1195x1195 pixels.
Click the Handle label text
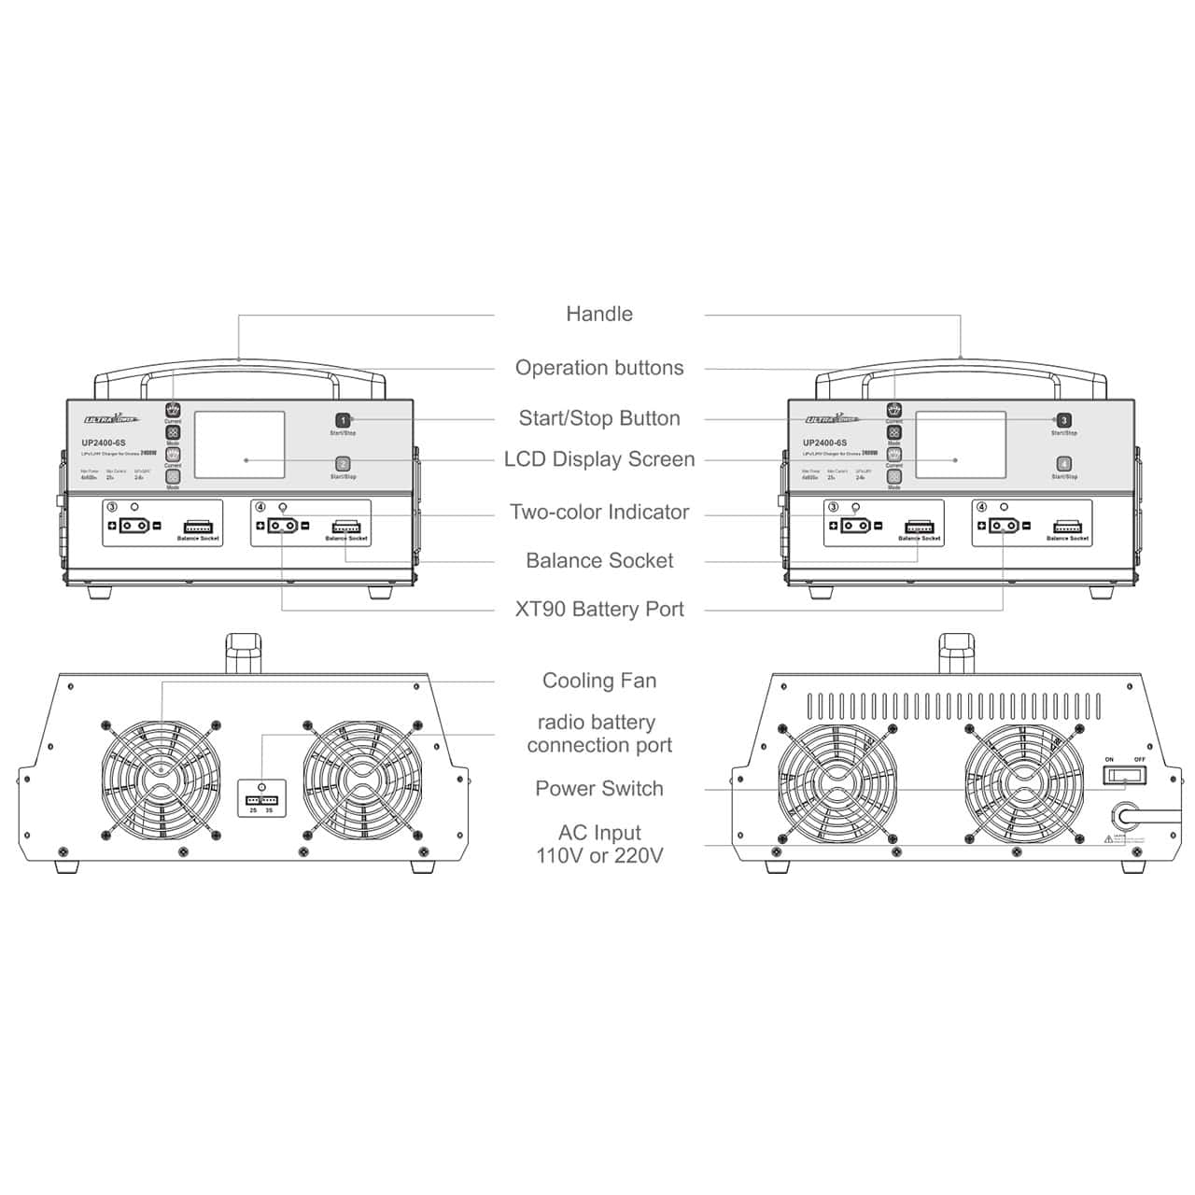pyautogui.click(x=598, y=314)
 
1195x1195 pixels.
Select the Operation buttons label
pyautogui.click(x=598, y=368)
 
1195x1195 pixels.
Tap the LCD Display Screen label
pyautogui.click(x=598, y=459)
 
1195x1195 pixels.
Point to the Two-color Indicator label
pyautogui.click(x=598, y=512)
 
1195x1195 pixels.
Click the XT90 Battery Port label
pyautogui.click(x=598, y=610)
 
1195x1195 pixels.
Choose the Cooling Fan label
pyautogui.click(x=598, y=681)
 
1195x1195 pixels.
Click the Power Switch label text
pyautogui.click(x=598, y=789)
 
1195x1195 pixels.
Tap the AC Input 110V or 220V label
pyautogui.click(x=598, y=844)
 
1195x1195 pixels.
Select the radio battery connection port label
pyautogui.click(x=598, y=734)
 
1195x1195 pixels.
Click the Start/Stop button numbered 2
pyautogui.click(x=343, y=464)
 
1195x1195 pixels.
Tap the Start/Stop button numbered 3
pyautogui.click(x=1063, y=421)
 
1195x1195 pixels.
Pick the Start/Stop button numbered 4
pyautogui.click(x=1063, y=464)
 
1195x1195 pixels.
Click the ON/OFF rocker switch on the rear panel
pyautogui.click(x=1124, y=775)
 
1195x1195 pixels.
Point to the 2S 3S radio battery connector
pyautogui.click(x=261, y=800)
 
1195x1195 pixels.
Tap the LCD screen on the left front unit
pyautogui.click(x=239, y=444)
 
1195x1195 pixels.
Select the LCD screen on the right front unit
pyautogui.click(x=960, y=444)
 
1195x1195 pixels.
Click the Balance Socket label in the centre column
pyautogui.click(x=598, y=561)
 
